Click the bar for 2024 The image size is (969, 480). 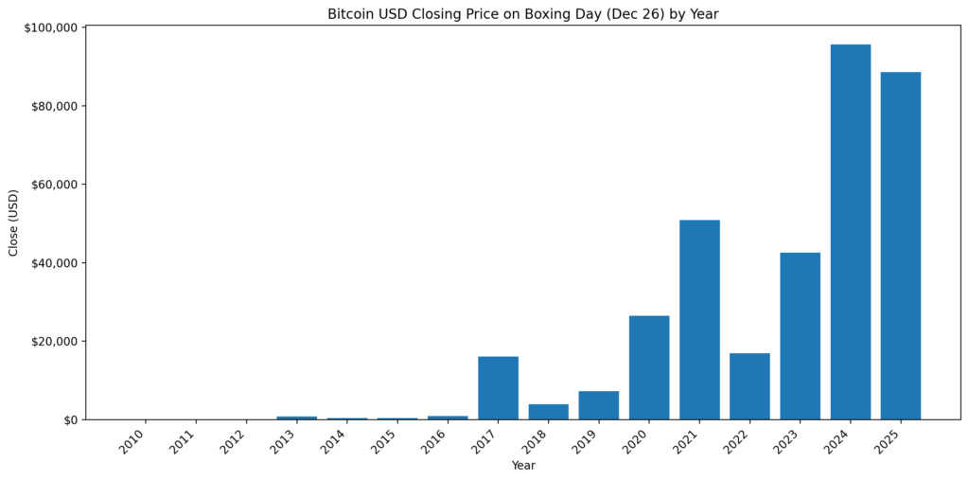coord(850,232)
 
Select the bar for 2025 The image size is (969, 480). coord(900,246)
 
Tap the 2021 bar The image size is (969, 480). coord(699,320)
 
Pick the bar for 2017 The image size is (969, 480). coord(498,388)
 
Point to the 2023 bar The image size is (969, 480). coord(800,336)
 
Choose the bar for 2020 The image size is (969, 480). coord(649,367)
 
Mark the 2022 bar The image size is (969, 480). coord(749,386)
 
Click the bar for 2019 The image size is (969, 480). coord(598,405)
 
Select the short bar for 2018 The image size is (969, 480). coord(548,412)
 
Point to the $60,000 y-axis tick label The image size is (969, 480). coord(54,185)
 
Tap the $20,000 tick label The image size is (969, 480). coord(54,342)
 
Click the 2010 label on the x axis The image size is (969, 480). coord(133,441)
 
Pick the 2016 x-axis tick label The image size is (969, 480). coord(435,441)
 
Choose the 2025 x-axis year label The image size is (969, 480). coord(889,441)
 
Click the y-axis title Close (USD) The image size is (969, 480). coord(13,222)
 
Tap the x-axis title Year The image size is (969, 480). coord(523,466)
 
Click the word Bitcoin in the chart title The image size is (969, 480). coord(351,14)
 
